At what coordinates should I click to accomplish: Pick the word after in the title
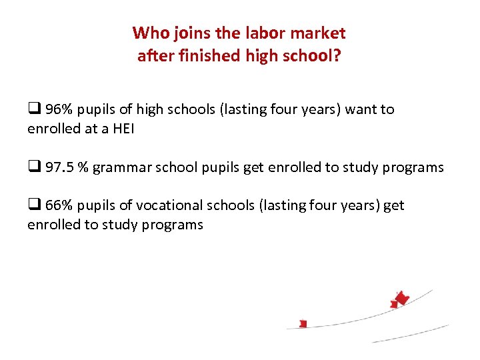click(153, 56)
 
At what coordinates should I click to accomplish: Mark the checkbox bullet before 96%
click(33, 109)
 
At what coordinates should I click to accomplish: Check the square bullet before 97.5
click(33, 167)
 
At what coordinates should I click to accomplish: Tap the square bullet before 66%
click(33, 205)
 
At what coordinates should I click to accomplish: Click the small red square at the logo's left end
click(303, 324)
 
